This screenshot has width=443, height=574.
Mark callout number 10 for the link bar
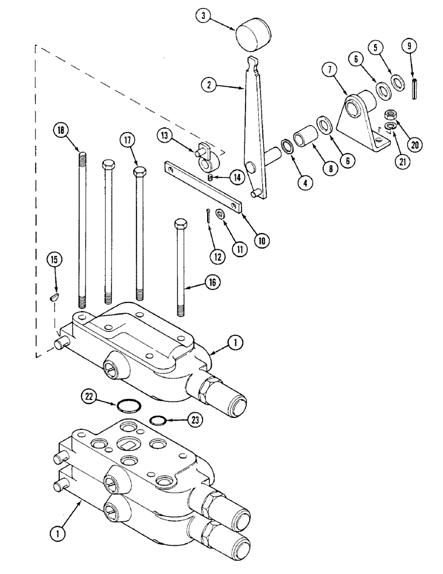262,241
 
